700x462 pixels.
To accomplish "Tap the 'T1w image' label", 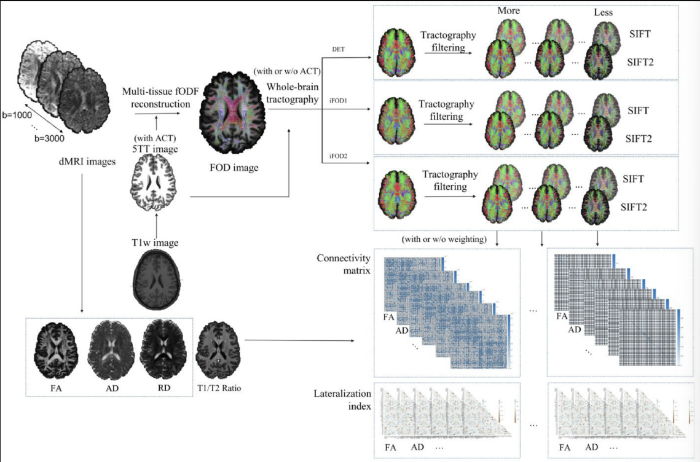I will click(158, 243).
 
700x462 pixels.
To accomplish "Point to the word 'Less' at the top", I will click(603, 12).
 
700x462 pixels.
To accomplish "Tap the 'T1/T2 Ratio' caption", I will click(214, 388).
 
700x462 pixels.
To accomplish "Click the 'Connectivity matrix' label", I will click(342, 264).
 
